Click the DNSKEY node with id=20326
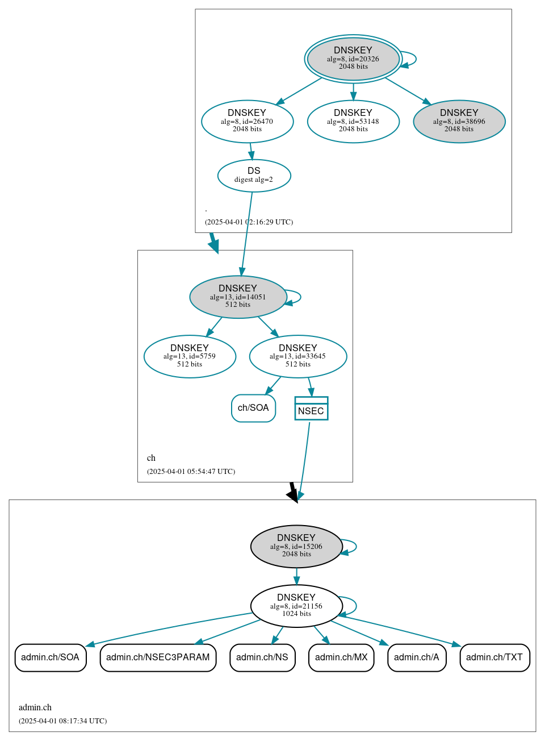click(x=353, y=59)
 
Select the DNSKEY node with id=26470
click(x=247, y=121)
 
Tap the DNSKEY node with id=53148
click(x=353, y=121)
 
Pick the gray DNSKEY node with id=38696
click(x=459, y=121)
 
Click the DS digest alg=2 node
click(x=254, y=176)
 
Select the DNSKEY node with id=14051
click(x=238, y=297)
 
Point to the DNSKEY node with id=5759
click(x=190, y=356)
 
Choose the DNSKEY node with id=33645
click(x=297, y=356)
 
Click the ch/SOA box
click(x=253, y=408)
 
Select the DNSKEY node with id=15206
click(x=296, y=546)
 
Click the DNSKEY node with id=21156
click(x=296, y=606)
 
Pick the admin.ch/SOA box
click(x=51, y=657)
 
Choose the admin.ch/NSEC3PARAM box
click(x=158, y=657)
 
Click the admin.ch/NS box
click(x=262, y=657)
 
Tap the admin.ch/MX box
click(x=341, y=657)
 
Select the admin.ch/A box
click(x=417, y=657)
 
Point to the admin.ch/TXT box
click(x=494, y=657)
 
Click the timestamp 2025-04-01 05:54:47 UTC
click(x=191, y=471)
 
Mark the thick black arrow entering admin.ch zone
click(x=293, y=492)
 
